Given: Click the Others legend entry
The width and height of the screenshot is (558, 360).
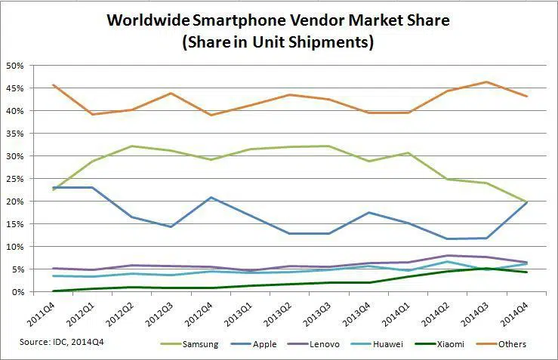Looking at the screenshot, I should (x=513, y=344).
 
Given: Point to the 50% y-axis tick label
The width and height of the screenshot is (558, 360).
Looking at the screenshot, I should (x=16, y=66).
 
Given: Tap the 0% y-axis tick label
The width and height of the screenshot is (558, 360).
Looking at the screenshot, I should (x=19, y=292).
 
